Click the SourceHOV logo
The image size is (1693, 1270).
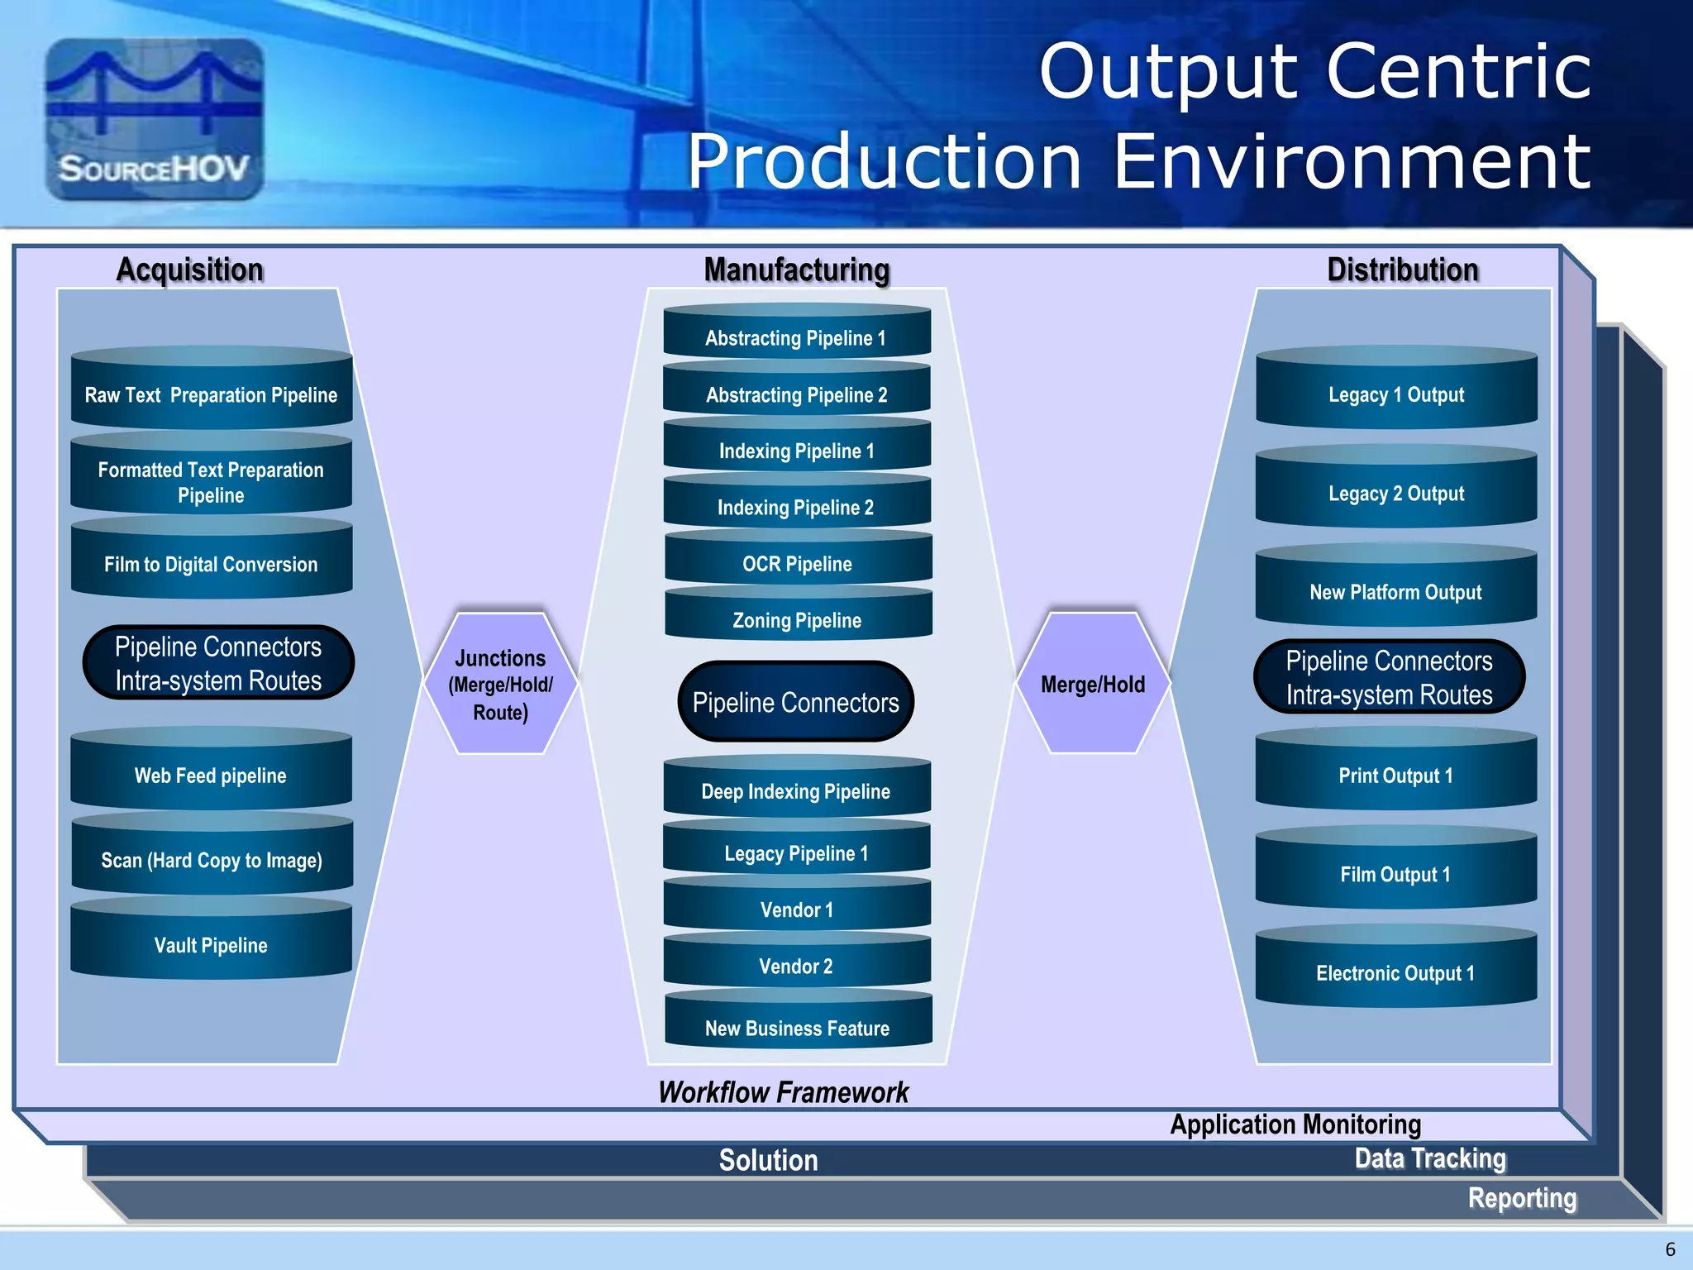click(155, 119)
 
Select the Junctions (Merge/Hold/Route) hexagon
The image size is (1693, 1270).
click(501, 684)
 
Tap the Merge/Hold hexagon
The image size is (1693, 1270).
click(1093, 684)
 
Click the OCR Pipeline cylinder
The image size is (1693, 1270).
click(797, 562)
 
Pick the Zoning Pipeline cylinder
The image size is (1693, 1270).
click(797, 618)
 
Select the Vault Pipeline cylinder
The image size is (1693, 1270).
click(211, 943)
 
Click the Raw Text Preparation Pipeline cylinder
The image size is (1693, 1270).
click(211, 393)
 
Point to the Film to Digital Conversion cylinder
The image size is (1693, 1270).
click(211, 562)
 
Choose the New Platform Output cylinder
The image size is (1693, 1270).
click(1395, 590)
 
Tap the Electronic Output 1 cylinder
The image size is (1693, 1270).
click(1395, 971)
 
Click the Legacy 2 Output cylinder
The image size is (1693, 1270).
click(1395, 492)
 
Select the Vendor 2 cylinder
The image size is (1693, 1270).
click(796, 964)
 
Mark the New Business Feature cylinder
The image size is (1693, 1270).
click(797, 1026)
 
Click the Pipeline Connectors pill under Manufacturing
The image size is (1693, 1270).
click(795, 702)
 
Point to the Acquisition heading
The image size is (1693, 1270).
click(189, 270)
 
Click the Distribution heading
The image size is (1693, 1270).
click(1402, 270)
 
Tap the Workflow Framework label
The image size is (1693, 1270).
click(783, 1092)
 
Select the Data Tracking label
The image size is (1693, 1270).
click(1429, 1158)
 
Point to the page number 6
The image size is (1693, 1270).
click(1670, 1249)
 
